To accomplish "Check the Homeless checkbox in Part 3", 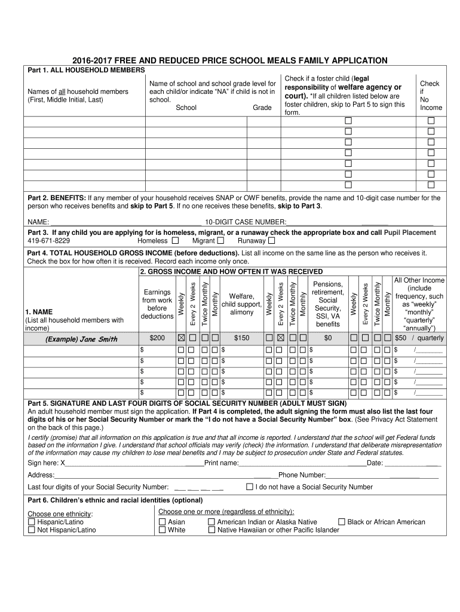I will [x=175, y=241].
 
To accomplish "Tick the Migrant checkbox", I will [x=220, y=241].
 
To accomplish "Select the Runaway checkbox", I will [x=271, y=241].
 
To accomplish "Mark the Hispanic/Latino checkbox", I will [x=32, y=522].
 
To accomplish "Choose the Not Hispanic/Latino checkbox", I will [x=32, y=530].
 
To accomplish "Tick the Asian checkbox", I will [x=162, y=522].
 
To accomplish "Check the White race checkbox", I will [x=162, y=530].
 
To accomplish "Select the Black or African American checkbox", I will [x=342, y=522].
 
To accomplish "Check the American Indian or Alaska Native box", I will [x=211, y=522].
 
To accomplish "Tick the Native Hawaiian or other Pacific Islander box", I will [x=211, y=530].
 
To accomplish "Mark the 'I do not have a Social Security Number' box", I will [x=250, y=486].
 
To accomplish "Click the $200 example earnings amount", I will [x=157, y=338].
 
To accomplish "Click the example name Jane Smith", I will [x=81, y=339].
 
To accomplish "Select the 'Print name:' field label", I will [x=222, y=463].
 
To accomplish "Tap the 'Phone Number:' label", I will [x=302, y=475].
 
